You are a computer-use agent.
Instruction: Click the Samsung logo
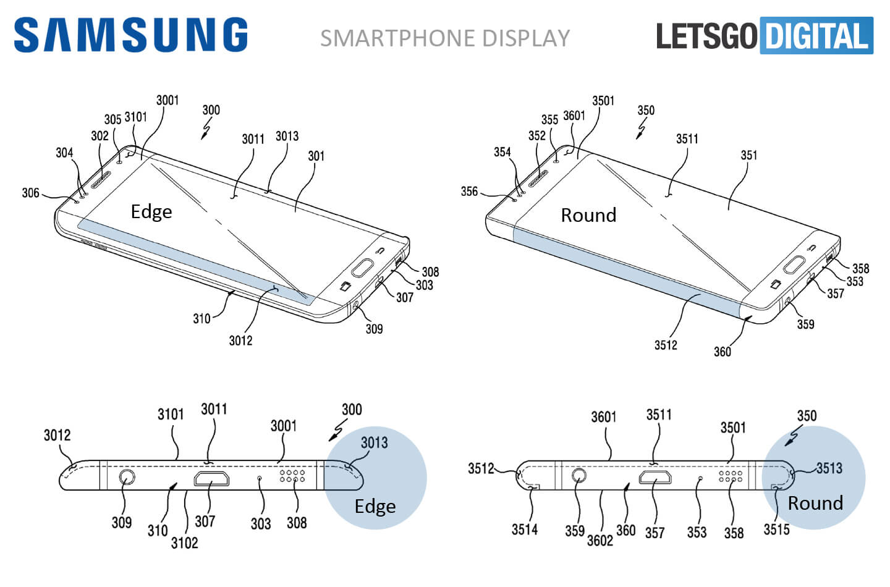pyautogui.click(x=130, y=35)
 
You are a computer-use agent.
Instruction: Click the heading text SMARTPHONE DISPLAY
pyautogui.click(x=445, y=38)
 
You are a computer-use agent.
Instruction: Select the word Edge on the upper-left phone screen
pyautogui.click(x=151, y=212)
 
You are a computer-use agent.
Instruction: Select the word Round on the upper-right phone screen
pyautogui.click(x=588, y=215)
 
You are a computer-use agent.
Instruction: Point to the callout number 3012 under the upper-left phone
pyautogui.click(x=240, y=340)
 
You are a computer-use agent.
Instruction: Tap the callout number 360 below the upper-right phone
pyautogui.click(x=722, y=352)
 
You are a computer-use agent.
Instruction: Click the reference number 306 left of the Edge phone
pyautogui.click(x=30, y=193)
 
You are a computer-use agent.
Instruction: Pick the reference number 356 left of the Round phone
pyautogui.click(x=469, y=192)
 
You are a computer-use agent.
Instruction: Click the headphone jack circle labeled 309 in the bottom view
pyautogui.click(x=127, y=478)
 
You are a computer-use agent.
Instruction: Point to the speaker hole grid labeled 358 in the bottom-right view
pyautogui.click(x=730, y=475)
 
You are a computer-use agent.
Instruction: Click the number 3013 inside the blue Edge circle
pyautogui.click(x=374, y=442)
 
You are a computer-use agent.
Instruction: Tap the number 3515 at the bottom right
pyautogui.click(x=776, y=530)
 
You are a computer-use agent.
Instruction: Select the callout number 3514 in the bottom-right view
pyautogui.click(x=524, y=530)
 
